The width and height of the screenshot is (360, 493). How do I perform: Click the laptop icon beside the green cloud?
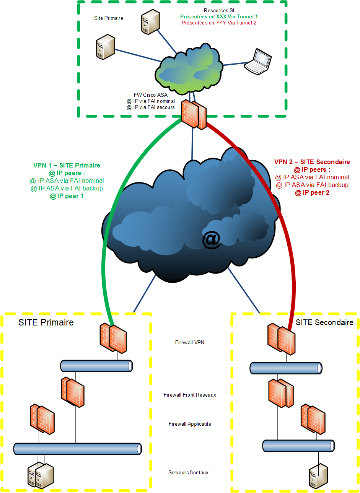[x=258, y=62]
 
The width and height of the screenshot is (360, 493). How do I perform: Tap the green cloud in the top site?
[x=189, y=69]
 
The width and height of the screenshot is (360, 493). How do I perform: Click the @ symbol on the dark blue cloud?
[x=211, y=239]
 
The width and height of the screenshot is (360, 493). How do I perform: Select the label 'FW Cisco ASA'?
[x=151, y=95]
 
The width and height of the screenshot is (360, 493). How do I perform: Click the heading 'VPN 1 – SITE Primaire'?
[x=67, y=165]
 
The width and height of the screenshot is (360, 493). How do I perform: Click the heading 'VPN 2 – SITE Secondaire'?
[x=312, y=162]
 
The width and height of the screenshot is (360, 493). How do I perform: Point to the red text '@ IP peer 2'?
[x=312, y=192]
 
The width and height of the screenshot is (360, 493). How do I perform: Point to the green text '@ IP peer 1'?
[x=67, y=196]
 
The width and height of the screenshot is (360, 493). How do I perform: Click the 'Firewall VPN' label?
[x=189, y=342]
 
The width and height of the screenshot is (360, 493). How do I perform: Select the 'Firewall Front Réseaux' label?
[x=190, y=395]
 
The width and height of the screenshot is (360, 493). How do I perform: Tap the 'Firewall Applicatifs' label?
[x=190, y=424]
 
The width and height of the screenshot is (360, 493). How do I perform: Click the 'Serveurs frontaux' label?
[x=188, y=472]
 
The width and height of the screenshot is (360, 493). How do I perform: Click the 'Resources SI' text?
[x=219, y=10]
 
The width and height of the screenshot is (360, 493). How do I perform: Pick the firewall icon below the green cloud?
[x=194, y=114]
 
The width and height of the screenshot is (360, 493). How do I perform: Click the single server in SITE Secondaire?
[x=319, y=476]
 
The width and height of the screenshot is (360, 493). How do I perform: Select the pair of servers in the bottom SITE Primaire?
[x=41, y=475]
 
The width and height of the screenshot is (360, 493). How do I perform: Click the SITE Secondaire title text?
[x=324, y=322]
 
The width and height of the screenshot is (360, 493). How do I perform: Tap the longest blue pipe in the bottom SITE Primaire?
[x=78, y=449]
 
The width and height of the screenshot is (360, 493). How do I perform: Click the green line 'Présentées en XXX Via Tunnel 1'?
[x=219, y=16]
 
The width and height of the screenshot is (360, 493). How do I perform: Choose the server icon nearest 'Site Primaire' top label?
[x=105, y=47]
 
